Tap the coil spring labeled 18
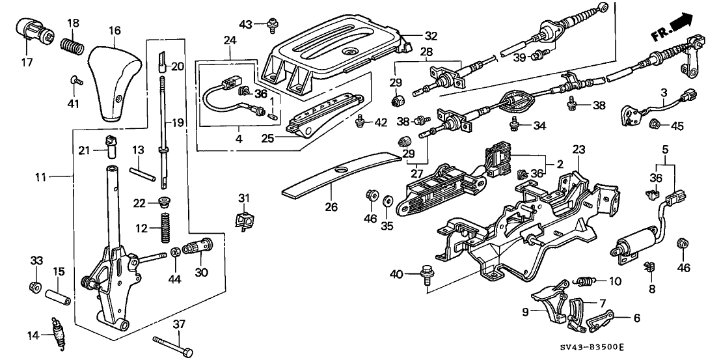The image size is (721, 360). click(71, 46)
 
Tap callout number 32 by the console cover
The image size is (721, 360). click(413, 36)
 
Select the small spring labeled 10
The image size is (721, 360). click(586, 281)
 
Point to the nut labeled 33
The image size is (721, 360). click(36, 286)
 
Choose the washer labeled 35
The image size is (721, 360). click(388, 200)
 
